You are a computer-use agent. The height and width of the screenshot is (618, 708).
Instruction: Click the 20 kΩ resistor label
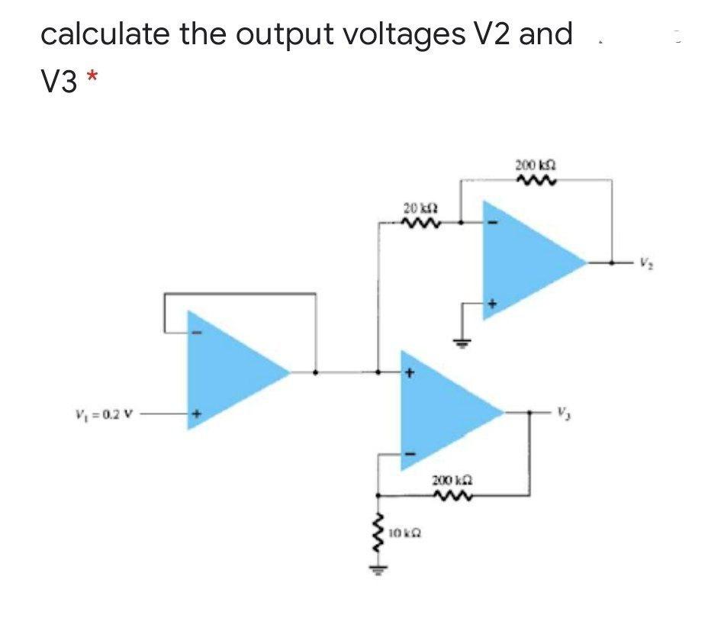click(x=419, y=208)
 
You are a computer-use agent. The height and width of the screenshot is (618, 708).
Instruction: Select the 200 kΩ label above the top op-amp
click(x=535, y=164)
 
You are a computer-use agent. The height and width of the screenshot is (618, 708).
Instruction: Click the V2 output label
click(x=645, y=262)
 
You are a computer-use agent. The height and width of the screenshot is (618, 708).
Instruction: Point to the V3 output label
click(x=564, y=412)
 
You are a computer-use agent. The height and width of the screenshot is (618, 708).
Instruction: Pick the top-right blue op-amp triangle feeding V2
click(x=526, y=261)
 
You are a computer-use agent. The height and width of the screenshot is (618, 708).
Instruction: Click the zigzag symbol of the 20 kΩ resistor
click(x=420, y=223)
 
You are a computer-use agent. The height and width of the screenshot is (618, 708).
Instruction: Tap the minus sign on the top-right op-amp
click(x=491, y=223)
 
